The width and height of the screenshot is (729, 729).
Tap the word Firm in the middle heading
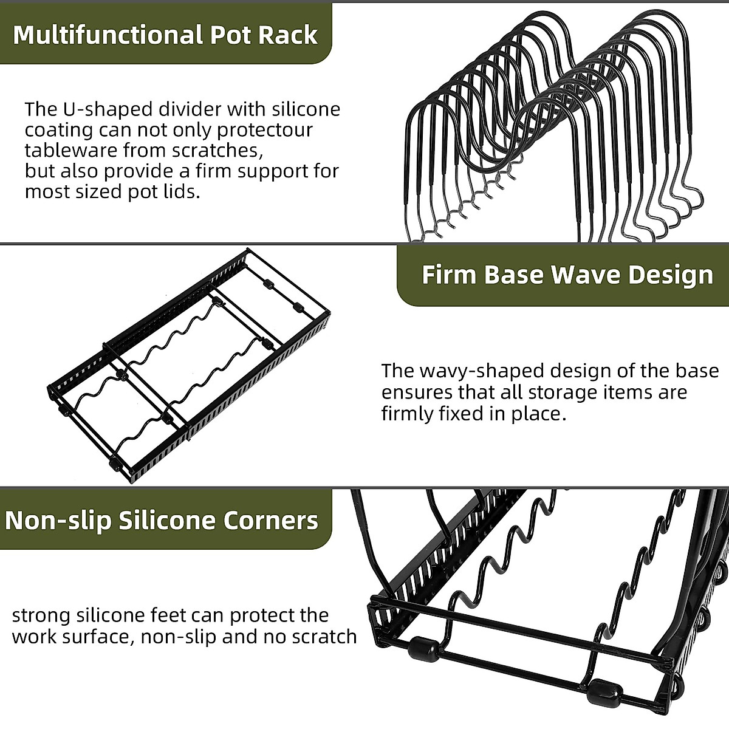[449, 275]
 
